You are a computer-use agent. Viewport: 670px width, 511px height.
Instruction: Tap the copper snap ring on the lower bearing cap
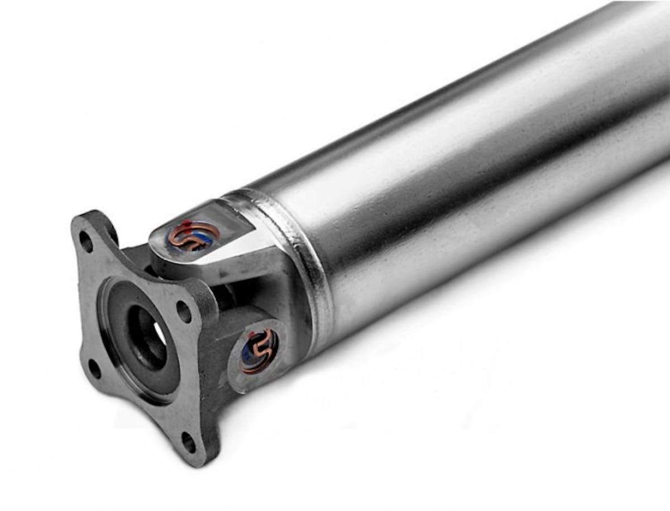click(259, 351)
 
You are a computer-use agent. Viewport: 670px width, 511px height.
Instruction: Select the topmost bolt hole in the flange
click(85, 241)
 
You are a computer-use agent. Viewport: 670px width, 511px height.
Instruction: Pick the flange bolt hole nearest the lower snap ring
click(183, 311)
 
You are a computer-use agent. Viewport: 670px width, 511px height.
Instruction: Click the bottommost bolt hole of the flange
click(189, 442)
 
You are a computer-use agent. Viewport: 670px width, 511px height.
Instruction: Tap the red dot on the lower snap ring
click(253, 336)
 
